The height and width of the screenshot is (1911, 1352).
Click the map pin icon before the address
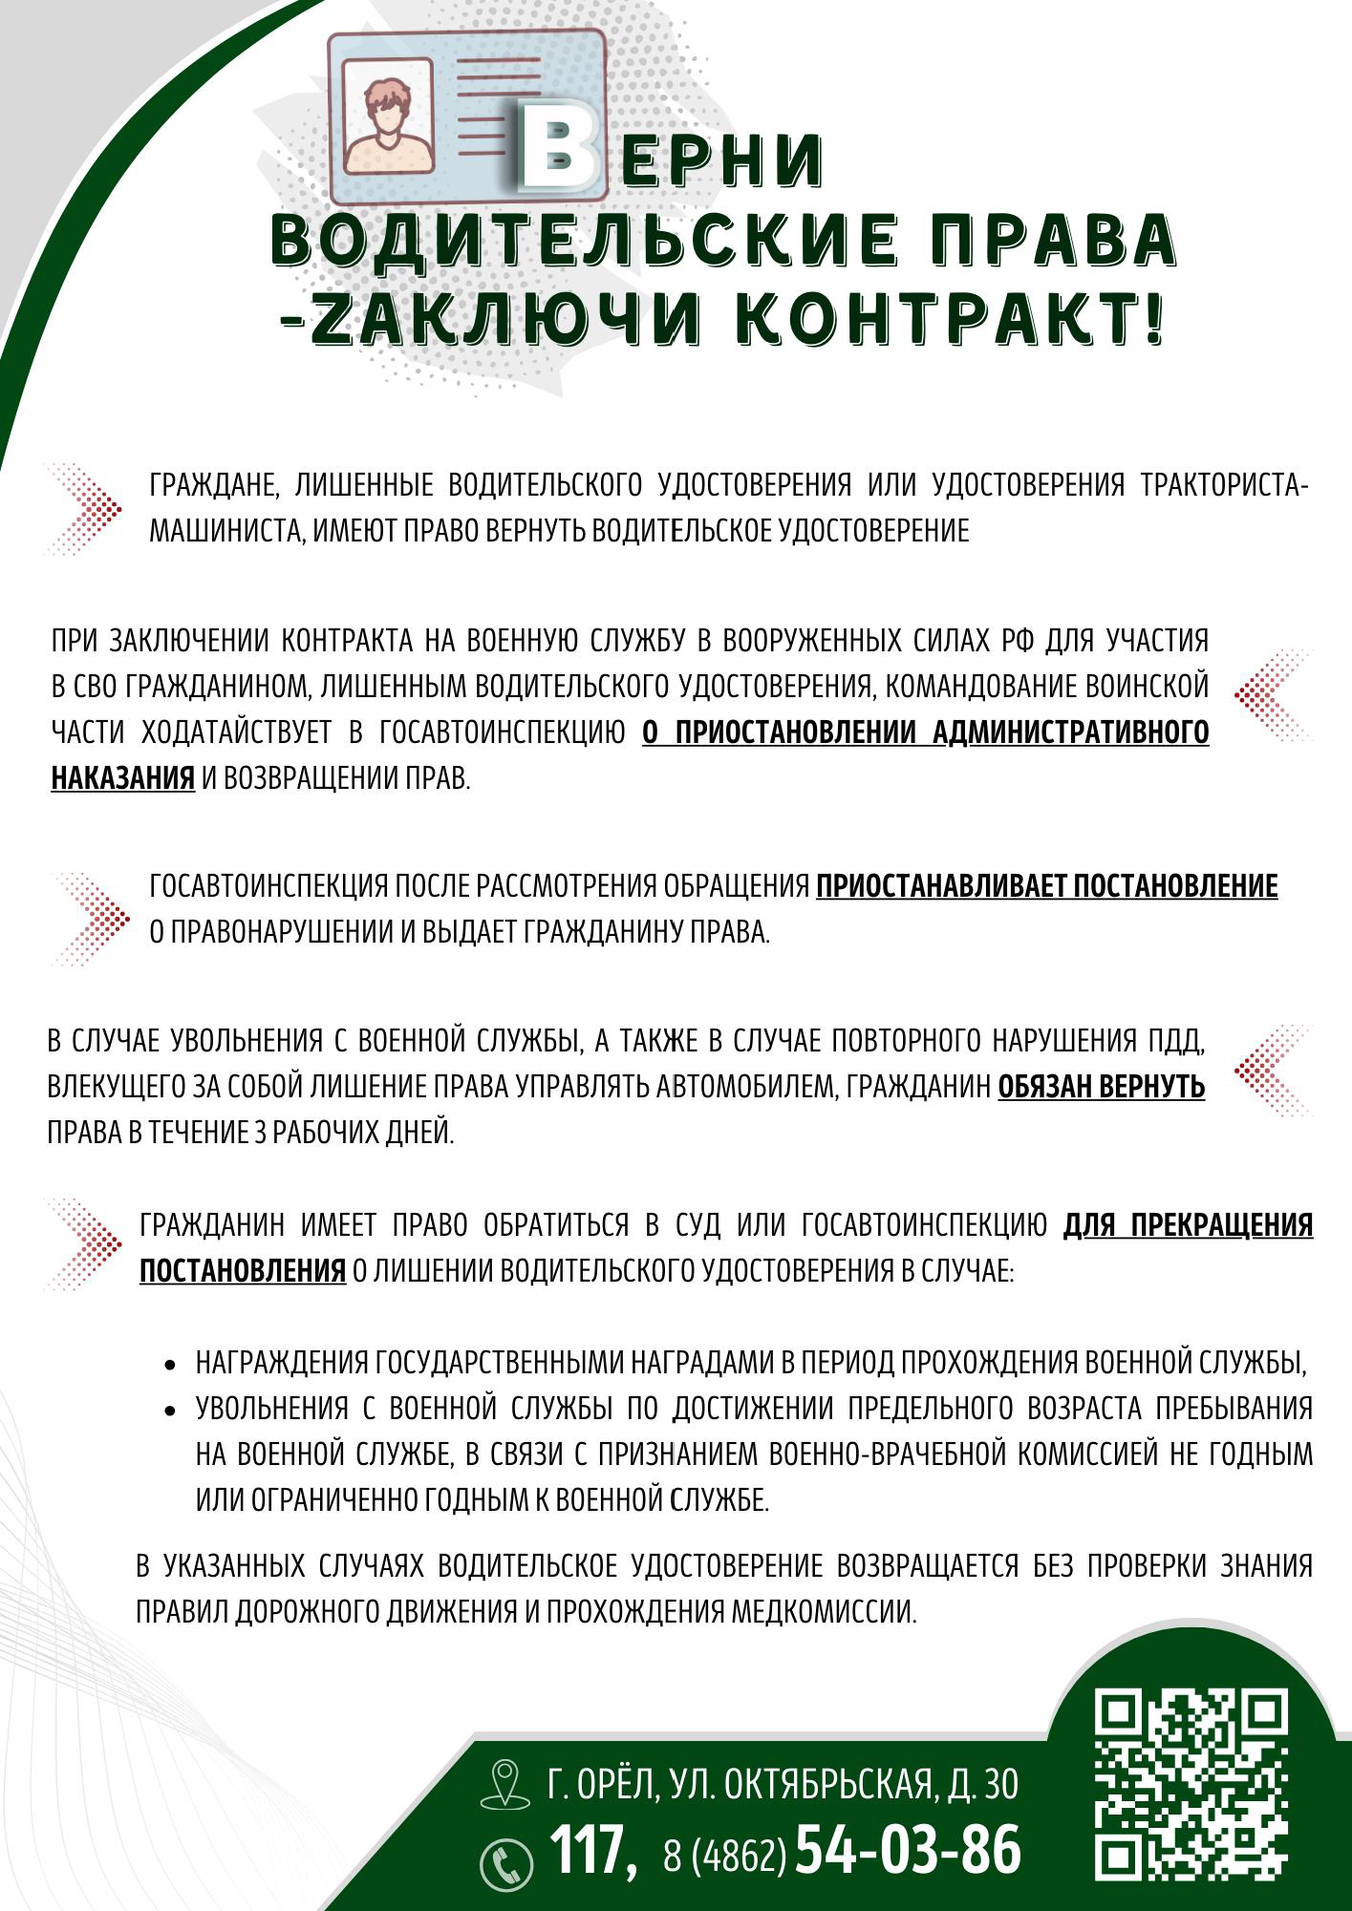tap(504, 1783)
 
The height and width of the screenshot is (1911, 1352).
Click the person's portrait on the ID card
tap(389, 122)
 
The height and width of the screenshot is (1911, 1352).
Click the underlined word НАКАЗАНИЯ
tap(122, 778)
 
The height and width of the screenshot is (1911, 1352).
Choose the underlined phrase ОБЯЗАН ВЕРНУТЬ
tap(1101, 1087)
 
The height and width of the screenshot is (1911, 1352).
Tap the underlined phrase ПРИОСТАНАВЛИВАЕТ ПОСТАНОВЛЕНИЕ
tap(1046, 886)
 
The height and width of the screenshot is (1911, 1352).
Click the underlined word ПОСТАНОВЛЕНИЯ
tap(243, 1271)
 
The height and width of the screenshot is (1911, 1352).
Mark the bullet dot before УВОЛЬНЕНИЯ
tap(171, 1411)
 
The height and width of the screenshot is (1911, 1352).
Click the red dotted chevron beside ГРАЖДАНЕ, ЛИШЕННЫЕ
tap(86, 508)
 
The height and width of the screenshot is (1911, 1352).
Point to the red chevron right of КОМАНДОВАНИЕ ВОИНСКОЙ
tap(1271, 695)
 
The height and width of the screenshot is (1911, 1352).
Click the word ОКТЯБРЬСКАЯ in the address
tap(829, 1784)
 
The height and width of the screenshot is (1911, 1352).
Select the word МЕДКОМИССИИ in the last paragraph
tap(824, 1612)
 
